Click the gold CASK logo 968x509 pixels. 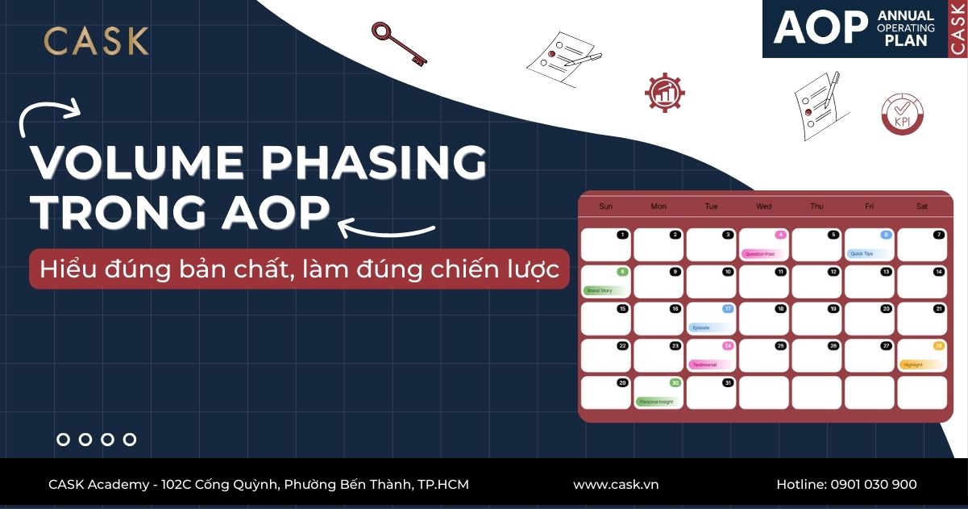(96, 41)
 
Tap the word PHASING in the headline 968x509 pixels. (373, 163)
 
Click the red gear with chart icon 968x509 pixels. (664, 92)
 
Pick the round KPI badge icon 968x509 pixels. (902, 114)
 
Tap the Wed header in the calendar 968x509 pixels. (763, 207)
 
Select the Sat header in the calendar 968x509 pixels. (921, 207)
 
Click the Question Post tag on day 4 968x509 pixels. (760, 253)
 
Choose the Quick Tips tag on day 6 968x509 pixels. (863, 253)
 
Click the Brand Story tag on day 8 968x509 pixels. (600, 290)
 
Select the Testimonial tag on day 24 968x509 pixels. (705, 365)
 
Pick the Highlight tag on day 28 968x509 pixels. (915, 365)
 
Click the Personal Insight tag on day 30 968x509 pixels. (654, 401)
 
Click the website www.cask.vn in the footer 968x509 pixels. (616, 484)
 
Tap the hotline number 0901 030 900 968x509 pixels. (874, 484)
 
